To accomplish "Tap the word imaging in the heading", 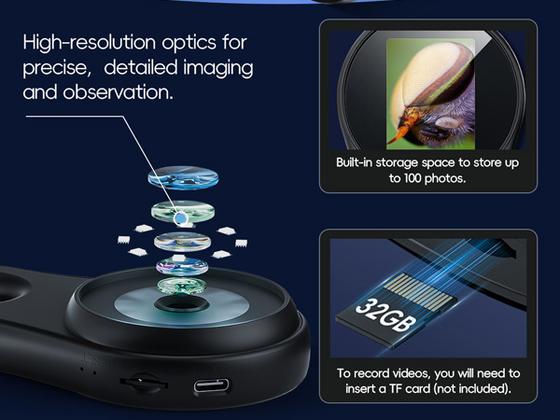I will [x=219, y=69].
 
